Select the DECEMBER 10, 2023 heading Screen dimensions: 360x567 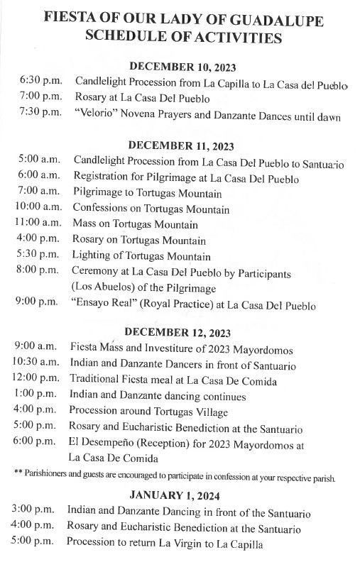[x=182, y=66]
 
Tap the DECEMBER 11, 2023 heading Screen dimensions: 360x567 [x=182, y=147]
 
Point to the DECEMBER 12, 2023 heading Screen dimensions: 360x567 [x=182, y=331]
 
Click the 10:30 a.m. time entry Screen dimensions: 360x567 [x=38, y=365]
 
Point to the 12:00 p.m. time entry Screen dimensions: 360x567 [x=38, y=381]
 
